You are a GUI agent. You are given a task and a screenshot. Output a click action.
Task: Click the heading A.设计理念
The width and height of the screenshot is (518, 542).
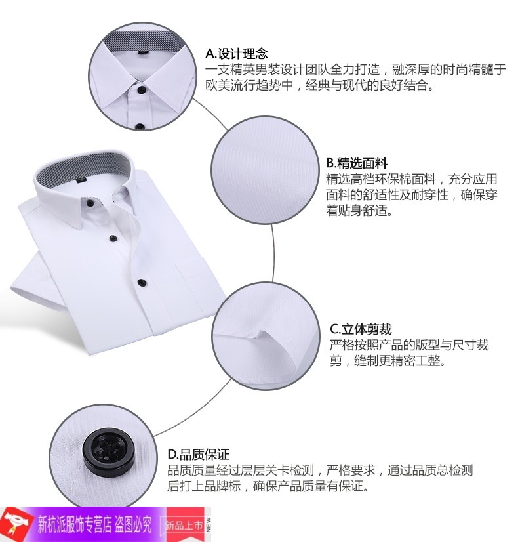(x=237, y=54)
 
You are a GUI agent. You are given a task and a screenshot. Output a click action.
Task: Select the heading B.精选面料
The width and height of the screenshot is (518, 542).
(x=357, y=163)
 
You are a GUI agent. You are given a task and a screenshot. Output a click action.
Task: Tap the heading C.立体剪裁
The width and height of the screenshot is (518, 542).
(x=361, y=329)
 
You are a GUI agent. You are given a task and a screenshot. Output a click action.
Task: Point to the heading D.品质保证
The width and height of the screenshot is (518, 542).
(x=199, y=454)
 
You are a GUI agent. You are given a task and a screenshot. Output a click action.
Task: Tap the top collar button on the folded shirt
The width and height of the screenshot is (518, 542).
(x=89, y=203)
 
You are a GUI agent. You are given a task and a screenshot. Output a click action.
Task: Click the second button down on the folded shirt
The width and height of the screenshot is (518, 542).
(x=113, y=238)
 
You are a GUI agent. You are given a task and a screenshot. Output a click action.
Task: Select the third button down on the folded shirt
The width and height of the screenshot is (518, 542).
(x=142, y=282)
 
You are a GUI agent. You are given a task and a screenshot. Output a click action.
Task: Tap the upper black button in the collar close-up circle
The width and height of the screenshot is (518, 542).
(x=141, y=90)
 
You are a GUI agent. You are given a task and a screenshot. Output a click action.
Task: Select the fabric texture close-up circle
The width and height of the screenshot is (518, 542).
(x=265, y=171)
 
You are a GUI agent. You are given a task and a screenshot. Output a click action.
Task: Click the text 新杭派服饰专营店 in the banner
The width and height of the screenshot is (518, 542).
(x=74, y=524)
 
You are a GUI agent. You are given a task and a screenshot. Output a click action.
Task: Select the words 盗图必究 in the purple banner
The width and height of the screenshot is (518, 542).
(x=133, y=524)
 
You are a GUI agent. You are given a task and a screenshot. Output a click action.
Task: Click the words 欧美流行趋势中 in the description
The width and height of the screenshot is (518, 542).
(x=250, y=85)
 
